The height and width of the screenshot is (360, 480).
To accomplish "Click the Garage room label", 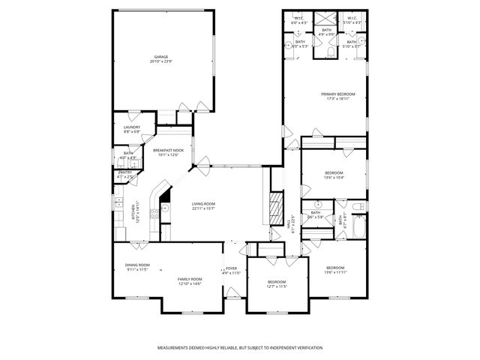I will pyautogui.click(x=160, y=56).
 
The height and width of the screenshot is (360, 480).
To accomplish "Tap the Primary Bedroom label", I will pyautogui.click(x=337, y=94).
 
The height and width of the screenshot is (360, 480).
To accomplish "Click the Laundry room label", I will pyautogui.click(x=131, y=127).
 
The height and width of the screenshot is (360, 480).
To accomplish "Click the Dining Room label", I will pyautogui.click(x=137, y=265).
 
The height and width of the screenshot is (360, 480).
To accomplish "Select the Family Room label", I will pyautogui.click(x=190, y=279).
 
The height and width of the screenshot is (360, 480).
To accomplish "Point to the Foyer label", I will pyautogui.click(x=232, y=268).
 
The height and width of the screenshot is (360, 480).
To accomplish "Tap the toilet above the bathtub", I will pyautogui.click(x=358, y=205).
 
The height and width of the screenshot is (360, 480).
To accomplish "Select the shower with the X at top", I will pyautogui.click(x=325, y=20).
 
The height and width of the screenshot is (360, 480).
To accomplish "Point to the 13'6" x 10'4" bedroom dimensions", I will pyautogui.click(x=334, y=178).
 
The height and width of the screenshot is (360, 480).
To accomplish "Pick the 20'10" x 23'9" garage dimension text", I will pyautogui.click(x=160, y=61).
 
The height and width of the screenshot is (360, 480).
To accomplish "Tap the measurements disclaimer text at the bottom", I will pyautogui.click(x=239, y=348).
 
